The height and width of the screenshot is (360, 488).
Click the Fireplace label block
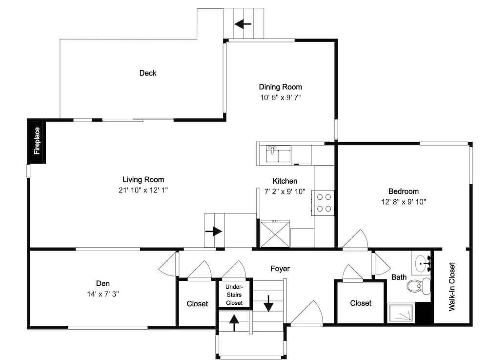[x=37, y=141]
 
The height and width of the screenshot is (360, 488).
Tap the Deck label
[x=148, y=73]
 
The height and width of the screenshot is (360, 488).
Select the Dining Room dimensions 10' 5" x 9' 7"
[x=281, y=98]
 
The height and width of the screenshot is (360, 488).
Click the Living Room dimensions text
[x=143, y=190]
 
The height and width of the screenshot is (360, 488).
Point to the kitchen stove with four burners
[x=324, y=203]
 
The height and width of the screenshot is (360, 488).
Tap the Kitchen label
[x=285, y=181]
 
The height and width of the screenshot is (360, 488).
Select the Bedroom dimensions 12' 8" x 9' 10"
[x=404, y=202]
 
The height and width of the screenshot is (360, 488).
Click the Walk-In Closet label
[x=452, y=287]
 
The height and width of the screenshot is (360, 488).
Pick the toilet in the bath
[x=419, y=286]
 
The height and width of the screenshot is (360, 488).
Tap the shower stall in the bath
[x=401, y=313]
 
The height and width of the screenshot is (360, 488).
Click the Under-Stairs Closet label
[x=234, y=295]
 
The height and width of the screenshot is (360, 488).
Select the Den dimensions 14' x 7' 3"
[x=103, y=294]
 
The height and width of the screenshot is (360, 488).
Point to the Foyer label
[x=280, y=269]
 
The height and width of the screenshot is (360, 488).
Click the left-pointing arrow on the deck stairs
[x=243, y=23]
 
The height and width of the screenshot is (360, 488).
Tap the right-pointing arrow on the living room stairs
[x=214, y=232]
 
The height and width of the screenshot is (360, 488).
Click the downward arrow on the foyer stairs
[x=268, y=303]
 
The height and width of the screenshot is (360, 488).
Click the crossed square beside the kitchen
[x=275, y=234]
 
